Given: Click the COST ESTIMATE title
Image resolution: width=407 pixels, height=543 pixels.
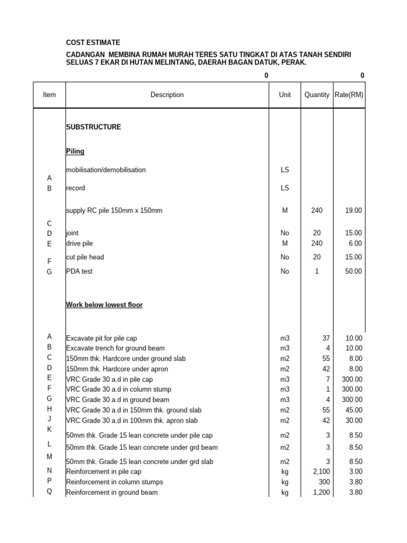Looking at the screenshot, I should click(x=93, y=42).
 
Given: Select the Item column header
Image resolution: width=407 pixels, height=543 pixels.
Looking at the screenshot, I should click(x=49, y=95).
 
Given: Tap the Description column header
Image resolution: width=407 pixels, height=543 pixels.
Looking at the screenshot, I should click(x=167, y=95).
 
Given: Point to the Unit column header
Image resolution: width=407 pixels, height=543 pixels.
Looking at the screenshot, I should click(x=285, y=95).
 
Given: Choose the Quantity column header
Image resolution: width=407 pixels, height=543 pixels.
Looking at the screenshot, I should click(x=317, y=95).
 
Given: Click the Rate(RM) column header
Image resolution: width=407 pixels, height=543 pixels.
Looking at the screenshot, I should click(x=349, y=95).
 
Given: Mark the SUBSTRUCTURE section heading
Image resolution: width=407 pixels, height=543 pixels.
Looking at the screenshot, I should click(x=93, y=127).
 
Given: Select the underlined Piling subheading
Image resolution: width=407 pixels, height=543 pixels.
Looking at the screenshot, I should click(x=75, y=152).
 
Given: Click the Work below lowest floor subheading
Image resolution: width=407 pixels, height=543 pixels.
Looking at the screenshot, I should click(x=104, y=305).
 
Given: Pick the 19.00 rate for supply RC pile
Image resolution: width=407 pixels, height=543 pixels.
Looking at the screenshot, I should click(x=354, y=211).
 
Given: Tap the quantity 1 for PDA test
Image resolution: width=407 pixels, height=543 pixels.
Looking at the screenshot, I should click(x=317, y=271).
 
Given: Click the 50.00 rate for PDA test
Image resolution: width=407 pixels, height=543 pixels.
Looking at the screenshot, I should click(x=354, y=271).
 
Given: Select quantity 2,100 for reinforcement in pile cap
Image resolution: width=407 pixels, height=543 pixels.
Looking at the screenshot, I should click(x=320, y=471).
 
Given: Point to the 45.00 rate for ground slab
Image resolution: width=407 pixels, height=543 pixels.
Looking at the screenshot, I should click(x=354, y=410).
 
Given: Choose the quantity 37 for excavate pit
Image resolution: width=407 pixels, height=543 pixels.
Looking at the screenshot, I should click(x=325, y=338).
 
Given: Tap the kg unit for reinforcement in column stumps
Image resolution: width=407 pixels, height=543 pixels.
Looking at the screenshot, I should click(x=285, y=482).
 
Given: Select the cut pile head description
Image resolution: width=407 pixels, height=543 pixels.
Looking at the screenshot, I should click(x=85, y=257).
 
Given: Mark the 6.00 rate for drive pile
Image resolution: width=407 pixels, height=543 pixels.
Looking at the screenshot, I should click(x=356, y=243).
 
